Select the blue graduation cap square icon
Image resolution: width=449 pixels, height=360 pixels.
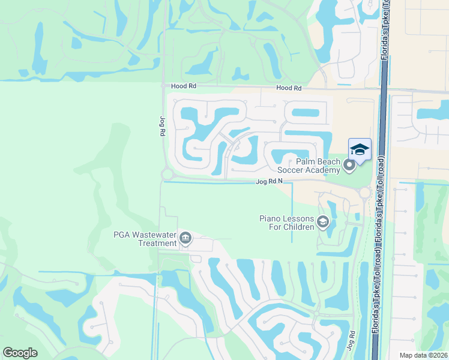point(360,149)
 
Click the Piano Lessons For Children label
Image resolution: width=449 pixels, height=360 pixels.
point(287,223)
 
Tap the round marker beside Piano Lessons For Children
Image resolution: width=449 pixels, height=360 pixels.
point(323,223)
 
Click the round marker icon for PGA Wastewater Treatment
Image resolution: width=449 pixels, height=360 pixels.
point(185,239)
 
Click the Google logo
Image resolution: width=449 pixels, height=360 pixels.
point(20,353)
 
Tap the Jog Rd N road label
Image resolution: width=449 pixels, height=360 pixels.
point(268,181)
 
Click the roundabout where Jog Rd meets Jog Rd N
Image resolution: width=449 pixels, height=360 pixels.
point(167,175)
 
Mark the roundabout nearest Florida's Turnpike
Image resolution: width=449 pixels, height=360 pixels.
point(364,193)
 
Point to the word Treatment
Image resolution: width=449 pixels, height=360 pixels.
point(157,243)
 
